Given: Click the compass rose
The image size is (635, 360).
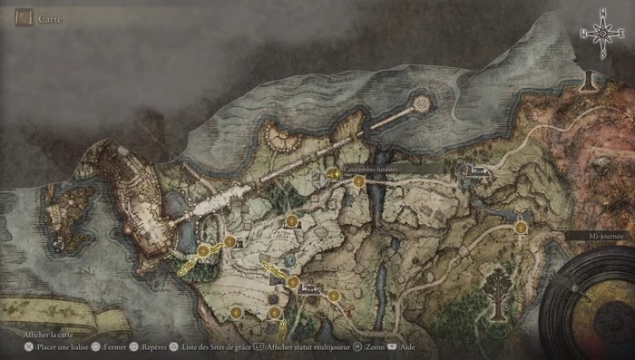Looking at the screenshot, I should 601,33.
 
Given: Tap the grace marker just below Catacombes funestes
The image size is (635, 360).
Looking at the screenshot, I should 359,181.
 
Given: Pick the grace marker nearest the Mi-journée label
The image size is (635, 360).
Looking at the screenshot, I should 521,228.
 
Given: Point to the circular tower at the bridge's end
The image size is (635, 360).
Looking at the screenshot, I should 421,104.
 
